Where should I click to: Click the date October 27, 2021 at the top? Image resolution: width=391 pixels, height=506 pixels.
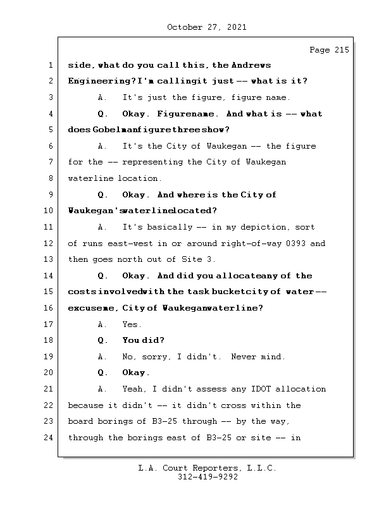[x=206, y=27]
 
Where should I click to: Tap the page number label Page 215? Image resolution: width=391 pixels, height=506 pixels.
[x=329, y=50]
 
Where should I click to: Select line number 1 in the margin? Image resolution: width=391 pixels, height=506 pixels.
[x=51, y=65]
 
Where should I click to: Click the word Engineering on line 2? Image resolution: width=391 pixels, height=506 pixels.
[x=95, y=81]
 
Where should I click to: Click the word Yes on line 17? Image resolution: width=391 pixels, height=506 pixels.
[x=132, y=324]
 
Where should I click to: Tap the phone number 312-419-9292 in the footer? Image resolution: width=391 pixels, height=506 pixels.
[x=207, y=478]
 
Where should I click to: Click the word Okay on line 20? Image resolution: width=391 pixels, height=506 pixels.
[x=135, y=373]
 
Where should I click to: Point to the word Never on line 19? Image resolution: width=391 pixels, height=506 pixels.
[x=244, y=357]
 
